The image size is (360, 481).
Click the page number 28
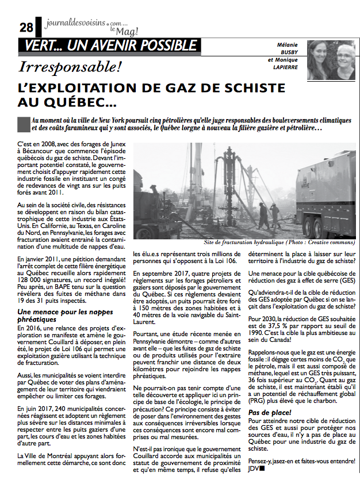(x=26, y=27)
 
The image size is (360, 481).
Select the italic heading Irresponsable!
(x=70, y=67)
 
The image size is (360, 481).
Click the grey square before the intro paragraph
(x=24, y=123)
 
